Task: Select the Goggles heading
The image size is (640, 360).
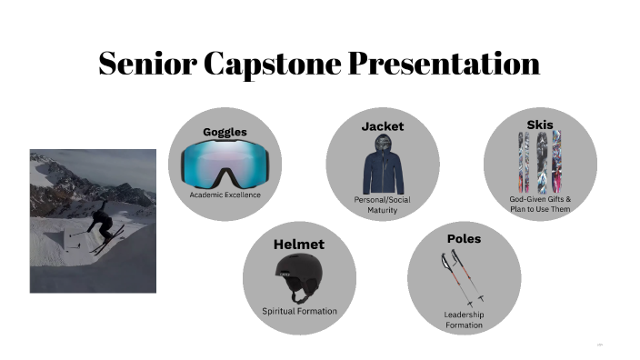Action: click(225, 132)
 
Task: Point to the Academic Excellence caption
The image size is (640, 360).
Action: click(225, 195)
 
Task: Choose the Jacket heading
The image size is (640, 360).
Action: click(382, 126)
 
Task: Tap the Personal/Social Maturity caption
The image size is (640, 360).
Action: click(383, 205)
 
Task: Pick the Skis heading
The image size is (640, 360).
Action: click(539, 124)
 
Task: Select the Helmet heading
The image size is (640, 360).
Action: click(299, 245)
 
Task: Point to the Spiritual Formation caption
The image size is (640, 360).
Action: click(299, 311)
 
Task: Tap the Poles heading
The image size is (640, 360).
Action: click(464, 238)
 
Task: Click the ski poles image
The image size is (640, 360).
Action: click(459, 276)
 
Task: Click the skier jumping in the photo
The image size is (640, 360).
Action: click(99, 221)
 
